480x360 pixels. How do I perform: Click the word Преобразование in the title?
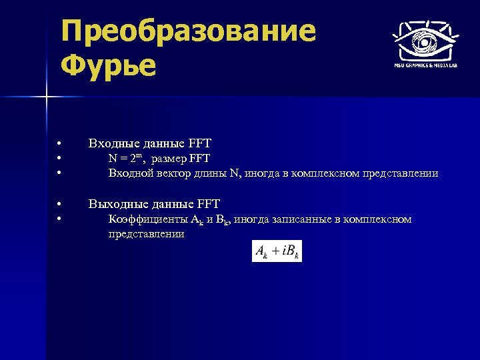pyautogui.click(x=188, y=31)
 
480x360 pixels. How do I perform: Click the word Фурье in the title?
pyautogui.click(x=108, y=65)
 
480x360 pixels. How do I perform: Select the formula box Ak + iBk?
pyautogui.click(x=277, y=251)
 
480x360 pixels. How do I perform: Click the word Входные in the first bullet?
pyautogui.click(x=111, y=143)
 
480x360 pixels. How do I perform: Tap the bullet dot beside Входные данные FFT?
pyautogui.click(x=59, y=143)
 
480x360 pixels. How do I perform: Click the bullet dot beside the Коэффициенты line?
pyautogui.click(x=59, y=219)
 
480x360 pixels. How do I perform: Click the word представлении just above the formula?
pyautogui.click(x=146, y=235)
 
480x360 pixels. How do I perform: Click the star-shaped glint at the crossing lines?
pyautogui.click(x=45, y=98)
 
